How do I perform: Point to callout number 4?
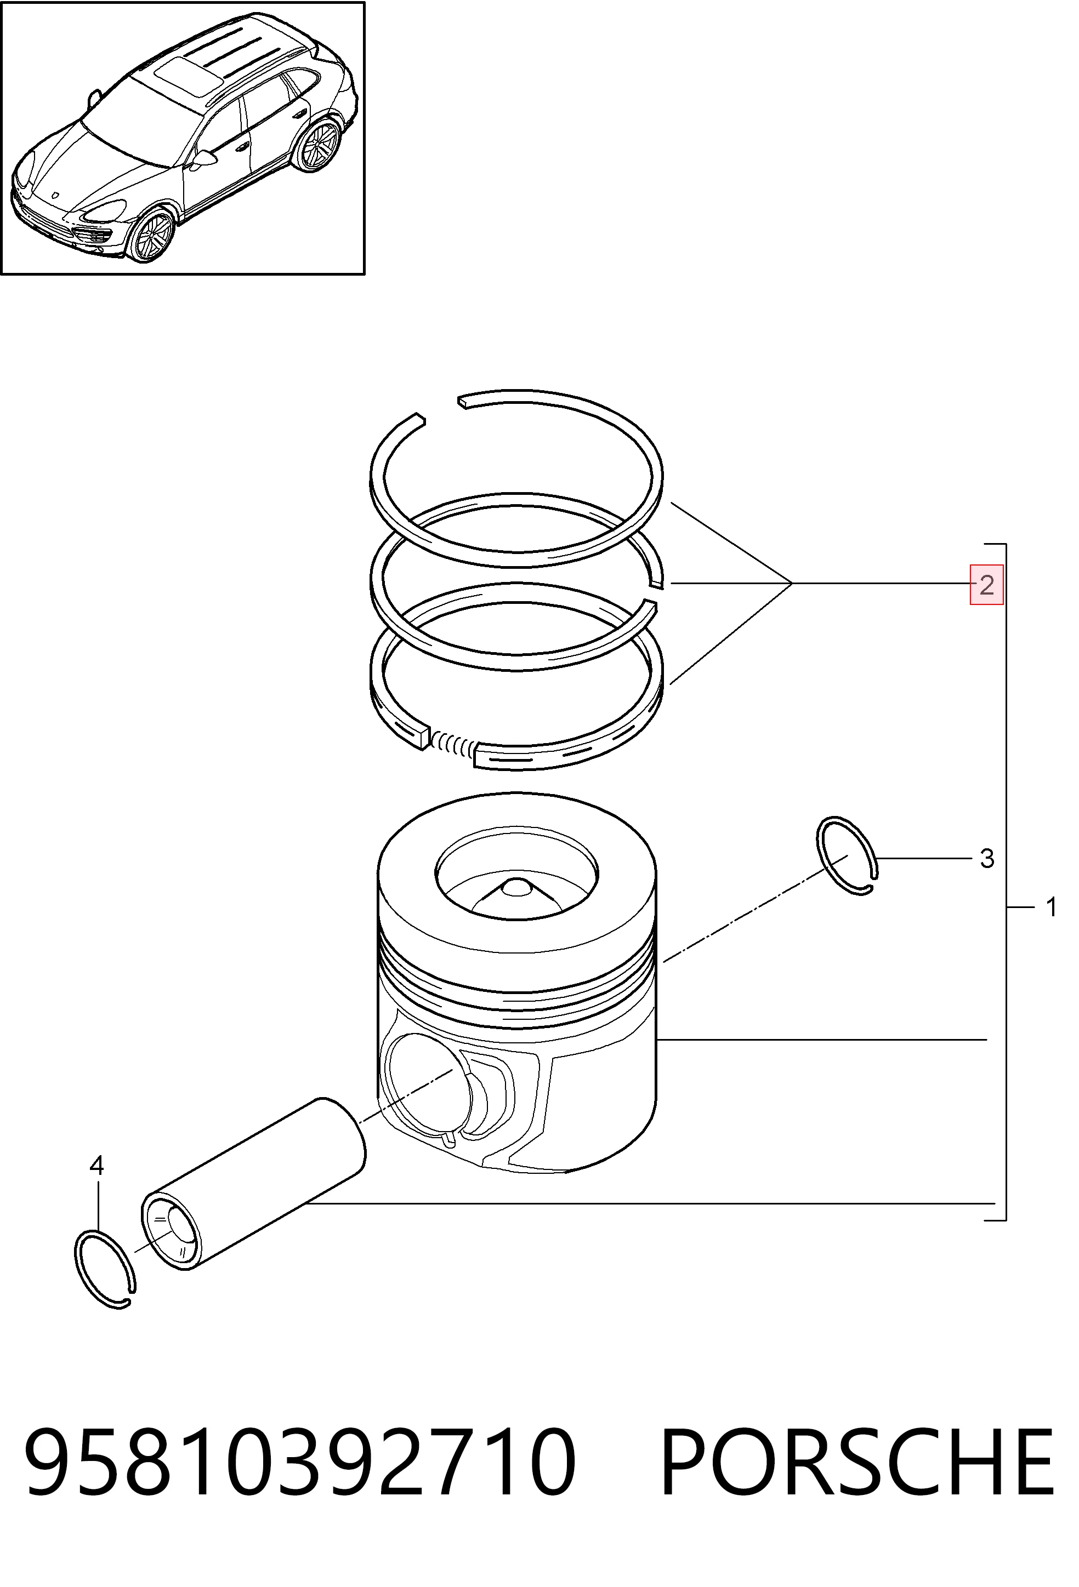pyautogui.click(x=97, y=1165)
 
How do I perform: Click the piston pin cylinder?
pyautogui.click(x=253, y=1190)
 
